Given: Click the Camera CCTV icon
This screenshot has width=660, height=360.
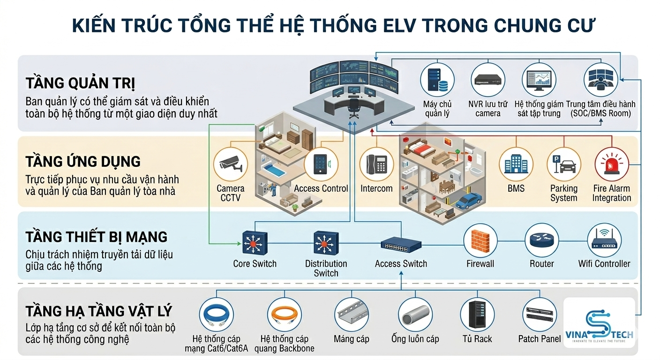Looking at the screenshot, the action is tap(231, 165).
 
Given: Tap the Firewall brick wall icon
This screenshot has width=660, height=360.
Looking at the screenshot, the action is tap(480, 240).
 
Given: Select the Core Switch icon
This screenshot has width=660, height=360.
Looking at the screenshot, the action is tap(255, 243).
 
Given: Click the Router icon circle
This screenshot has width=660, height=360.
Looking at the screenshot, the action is tap(541, 240).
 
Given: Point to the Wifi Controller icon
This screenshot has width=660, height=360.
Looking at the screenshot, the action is tap(604, 240).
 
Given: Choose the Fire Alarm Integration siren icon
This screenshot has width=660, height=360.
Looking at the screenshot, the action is tap(612, 165).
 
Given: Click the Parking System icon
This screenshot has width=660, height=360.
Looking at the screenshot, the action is tap(563, 165).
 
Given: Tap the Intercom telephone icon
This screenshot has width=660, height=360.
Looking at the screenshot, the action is tap(376, 165).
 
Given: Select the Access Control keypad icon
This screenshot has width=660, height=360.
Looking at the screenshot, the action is tap(321, 165).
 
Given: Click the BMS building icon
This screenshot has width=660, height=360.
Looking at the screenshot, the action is tap(516, 165).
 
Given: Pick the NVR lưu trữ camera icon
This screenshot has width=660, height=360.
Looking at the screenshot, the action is tap(488, 80).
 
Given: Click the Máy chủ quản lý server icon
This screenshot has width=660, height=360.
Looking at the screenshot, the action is tap(437, 80).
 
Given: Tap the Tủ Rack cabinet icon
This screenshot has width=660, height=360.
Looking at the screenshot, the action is tap(477, 315).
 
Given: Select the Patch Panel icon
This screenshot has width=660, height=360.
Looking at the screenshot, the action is tap(540, 315).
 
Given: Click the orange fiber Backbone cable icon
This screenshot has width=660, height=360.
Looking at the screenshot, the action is tap(285, 315).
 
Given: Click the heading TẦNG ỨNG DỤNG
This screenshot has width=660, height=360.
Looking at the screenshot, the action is tap(83, 162).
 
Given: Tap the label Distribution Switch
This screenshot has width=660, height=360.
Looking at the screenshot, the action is tap(326, 269).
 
